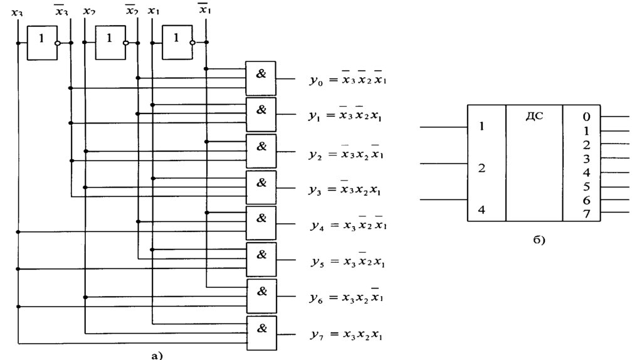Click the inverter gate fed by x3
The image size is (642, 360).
41,45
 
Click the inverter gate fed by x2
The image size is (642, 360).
110,45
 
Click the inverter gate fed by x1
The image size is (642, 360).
177,45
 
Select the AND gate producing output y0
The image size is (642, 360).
261,78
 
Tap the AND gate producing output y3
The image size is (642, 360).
261,186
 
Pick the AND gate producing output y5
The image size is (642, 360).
261,259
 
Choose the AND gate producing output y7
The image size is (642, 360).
261,332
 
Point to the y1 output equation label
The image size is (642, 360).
345,116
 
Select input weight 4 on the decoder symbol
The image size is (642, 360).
481,209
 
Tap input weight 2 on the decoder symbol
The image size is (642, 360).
481,168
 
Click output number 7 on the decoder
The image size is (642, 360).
586,214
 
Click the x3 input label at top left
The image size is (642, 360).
17,11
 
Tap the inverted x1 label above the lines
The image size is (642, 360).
204,9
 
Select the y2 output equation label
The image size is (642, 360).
345,153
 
